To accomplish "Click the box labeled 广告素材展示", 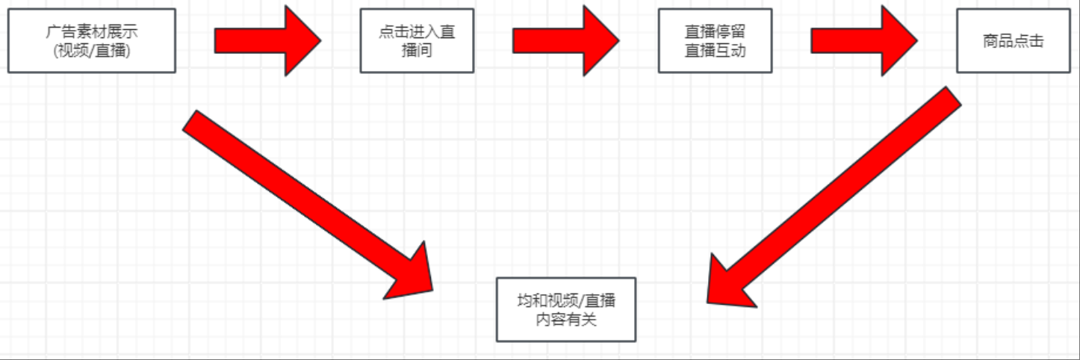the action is (91, 40).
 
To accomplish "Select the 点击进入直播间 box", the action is (417, 40).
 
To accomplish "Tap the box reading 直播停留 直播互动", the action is (715, 40).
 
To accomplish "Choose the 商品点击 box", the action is (1013, 40).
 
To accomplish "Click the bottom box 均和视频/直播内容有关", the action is (565, 309).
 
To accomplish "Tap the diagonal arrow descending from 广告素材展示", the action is (299, 198).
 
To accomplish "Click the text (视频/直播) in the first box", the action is (91, 51).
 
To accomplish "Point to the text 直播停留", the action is (715, 31).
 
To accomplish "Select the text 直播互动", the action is (715, 51).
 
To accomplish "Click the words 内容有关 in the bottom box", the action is (565, 320).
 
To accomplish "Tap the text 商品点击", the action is (1013, 41).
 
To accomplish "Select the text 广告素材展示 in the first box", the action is (91, 31).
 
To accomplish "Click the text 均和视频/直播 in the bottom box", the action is (565, 300).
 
